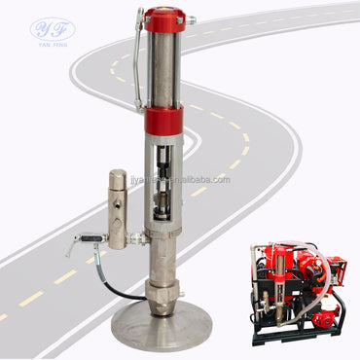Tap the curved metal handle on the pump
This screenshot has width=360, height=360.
click(138, 68)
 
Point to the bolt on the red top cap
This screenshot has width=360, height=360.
click(191, 18)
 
